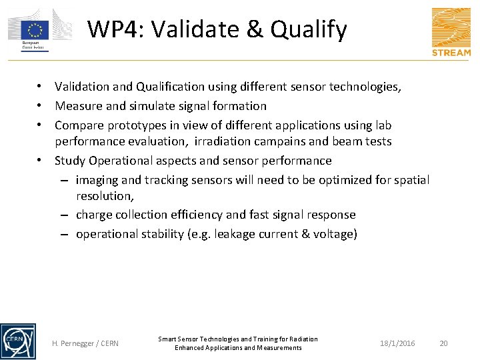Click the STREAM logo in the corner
coord(451,31)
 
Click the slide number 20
coord(444,343)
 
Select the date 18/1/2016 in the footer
coord(397,343)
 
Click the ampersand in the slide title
coord(259,29)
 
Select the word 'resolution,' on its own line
coord(105,196)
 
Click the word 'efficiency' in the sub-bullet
coord(197,215)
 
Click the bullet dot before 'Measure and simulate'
coord(41,106)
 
